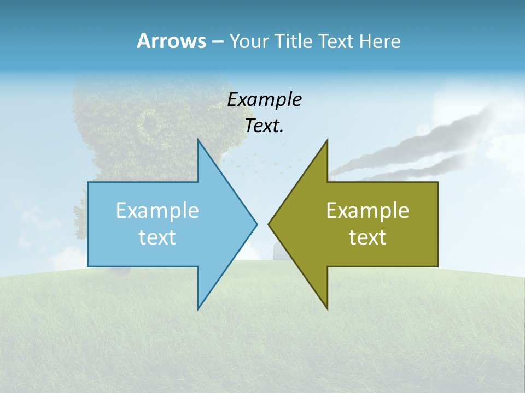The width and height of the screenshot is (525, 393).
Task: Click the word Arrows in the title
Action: pos(171,41)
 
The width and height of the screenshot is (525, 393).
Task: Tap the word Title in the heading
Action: pos(294,41)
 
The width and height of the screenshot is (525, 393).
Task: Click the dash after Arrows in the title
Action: pos(217,42)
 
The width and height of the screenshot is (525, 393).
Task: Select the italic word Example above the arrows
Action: pos(264,99)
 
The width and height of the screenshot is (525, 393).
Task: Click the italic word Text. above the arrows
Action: pos(264,126)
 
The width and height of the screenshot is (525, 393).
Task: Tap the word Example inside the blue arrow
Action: pos(157,210)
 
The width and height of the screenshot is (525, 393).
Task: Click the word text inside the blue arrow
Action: pos(157,237)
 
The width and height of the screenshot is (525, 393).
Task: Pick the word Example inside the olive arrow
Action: pos(367,210)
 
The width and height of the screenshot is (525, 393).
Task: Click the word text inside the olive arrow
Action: pos(367,237)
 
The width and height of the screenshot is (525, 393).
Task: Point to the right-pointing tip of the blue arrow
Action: pos(256,224)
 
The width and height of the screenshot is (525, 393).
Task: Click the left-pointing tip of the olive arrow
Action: pos(269,224)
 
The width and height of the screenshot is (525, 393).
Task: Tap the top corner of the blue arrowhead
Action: pos(199,140)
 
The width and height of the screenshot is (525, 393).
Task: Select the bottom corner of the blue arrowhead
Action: pos(199,308)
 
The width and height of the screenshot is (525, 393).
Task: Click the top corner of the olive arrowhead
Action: pos(327,140)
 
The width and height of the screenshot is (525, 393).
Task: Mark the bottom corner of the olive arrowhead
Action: pos(327,308)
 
